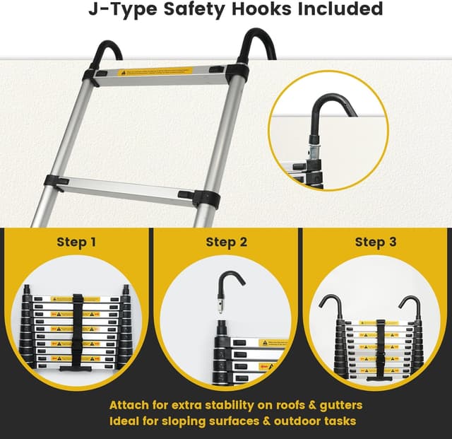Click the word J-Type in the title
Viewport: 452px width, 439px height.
pyautogui.click(x=119, y=10)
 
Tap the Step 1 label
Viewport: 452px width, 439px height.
pyautogui.click(x=76, y=242)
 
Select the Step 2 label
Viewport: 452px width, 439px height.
pyautogui.click(x=226, y=242)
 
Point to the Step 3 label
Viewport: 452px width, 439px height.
pyautogui.click(x=375, y=242)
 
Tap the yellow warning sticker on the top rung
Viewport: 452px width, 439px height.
pyautogui.click(x=155, y=72)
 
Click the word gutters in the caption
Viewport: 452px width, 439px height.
pyautogui.click(x=336, y=406)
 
